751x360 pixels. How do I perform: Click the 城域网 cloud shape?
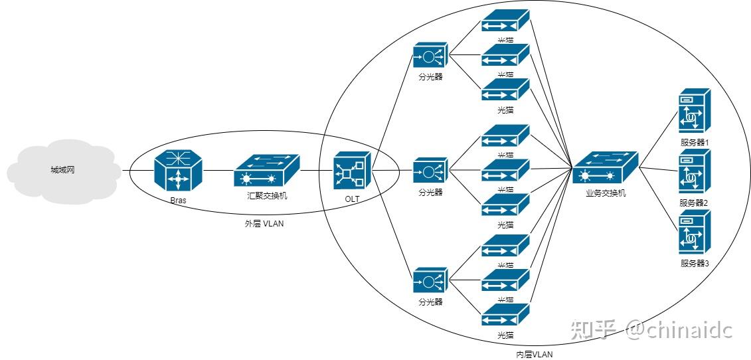63,170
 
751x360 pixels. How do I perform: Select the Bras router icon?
177,170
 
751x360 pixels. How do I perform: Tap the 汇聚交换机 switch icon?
266,171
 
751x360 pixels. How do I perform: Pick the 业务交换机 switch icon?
605,169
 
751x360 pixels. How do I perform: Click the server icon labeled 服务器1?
695,113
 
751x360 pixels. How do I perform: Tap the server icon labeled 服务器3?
695,232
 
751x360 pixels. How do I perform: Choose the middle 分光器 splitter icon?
430,171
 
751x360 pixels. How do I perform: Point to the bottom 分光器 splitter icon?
430,281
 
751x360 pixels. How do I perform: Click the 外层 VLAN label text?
264,224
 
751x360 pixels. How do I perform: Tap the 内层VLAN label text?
534,354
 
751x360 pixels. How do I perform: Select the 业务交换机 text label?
606,193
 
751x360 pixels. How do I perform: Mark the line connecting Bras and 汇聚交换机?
218,171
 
